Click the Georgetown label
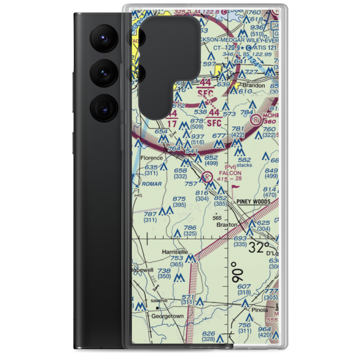[x=167, y=316]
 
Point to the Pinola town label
[x=260, y=310]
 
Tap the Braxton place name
[x=227, y=225]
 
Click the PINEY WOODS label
[x=253, y=202]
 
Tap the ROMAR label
[x=152, y=184]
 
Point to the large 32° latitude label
[x=259, y=248]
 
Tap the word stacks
[x=244, y=165]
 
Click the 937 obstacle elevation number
[x=197, y=137]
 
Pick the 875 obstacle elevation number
[x=179, y=199]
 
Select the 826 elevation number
[x=208, y=333]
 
